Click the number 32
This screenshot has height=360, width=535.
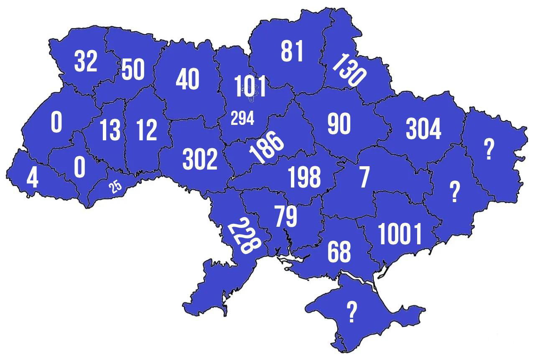pyautogui.click(x=86, y=62)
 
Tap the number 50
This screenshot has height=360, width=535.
pyautogui.click(x=133, y=69)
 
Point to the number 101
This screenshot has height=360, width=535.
pyautogui.click(x=250, y=86)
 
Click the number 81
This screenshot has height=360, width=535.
pyautogui.click(x=292, y=51)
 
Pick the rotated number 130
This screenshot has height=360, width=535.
pyautogui.click(x=349, y=70)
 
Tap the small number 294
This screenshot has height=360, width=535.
pyautogui.click(x=242, y=119)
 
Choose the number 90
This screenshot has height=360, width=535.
pyautogui.click(x=339, y=124)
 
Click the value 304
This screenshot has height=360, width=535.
pyautogui.click(x=423, y=129)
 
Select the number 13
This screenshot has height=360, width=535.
pyautogui.click(x=110, y=130)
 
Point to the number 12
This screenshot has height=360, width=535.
pyautogui.click(x=147, y=130)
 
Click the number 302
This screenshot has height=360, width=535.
pyautogui.click(x=200, y=160)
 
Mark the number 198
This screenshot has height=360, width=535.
pyautogui.click(x=305, y=177)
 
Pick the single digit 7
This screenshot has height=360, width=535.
pyautogui.click(x=364, y=177)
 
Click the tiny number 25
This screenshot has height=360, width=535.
pyautogui.click(x=115, y=187)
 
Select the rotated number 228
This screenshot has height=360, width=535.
pyautogui.click(x=244, y=236)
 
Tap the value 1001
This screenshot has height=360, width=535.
pyautogui.click(x=400, y=234)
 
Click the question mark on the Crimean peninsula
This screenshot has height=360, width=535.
pyautogui.click(x=352, y=312)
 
